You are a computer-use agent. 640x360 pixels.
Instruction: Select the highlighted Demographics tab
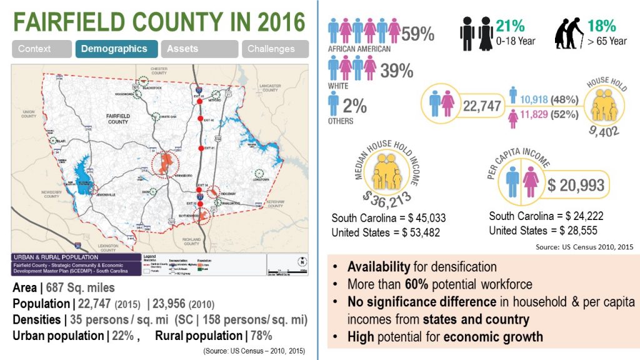116,49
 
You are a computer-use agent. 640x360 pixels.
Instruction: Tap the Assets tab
199,49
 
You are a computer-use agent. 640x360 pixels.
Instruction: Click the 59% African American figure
418,34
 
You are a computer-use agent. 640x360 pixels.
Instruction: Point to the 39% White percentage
397,71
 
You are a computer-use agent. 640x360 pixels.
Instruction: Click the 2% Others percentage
354,106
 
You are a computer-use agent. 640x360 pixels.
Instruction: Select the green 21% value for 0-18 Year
510,26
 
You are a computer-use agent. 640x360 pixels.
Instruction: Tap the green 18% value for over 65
602,26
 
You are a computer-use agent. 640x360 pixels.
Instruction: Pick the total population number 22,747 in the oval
482,106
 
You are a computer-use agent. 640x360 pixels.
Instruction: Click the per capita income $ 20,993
576,185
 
